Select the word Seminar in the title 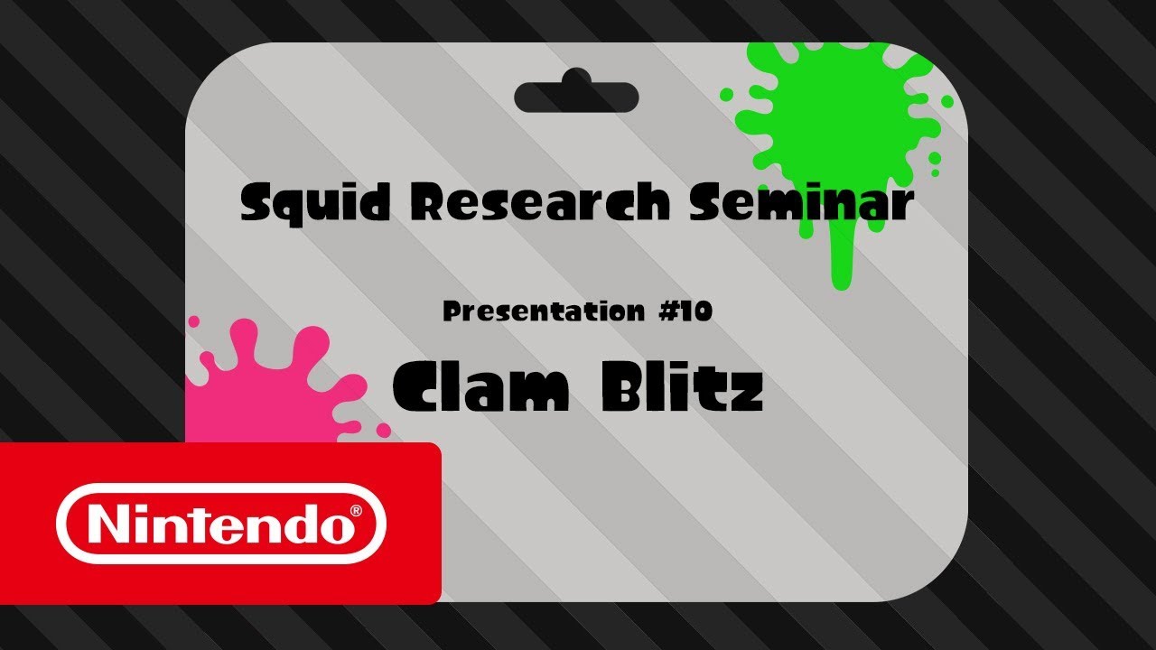tap(800, 204)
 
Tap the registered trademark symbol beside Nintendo tap(357, 511)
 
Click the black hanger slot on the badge tap(576, 96)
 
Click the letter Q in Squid tap(286, 208)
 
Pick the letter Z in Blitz tap(745, 390)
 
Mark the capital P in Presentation tap(451, 312)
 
